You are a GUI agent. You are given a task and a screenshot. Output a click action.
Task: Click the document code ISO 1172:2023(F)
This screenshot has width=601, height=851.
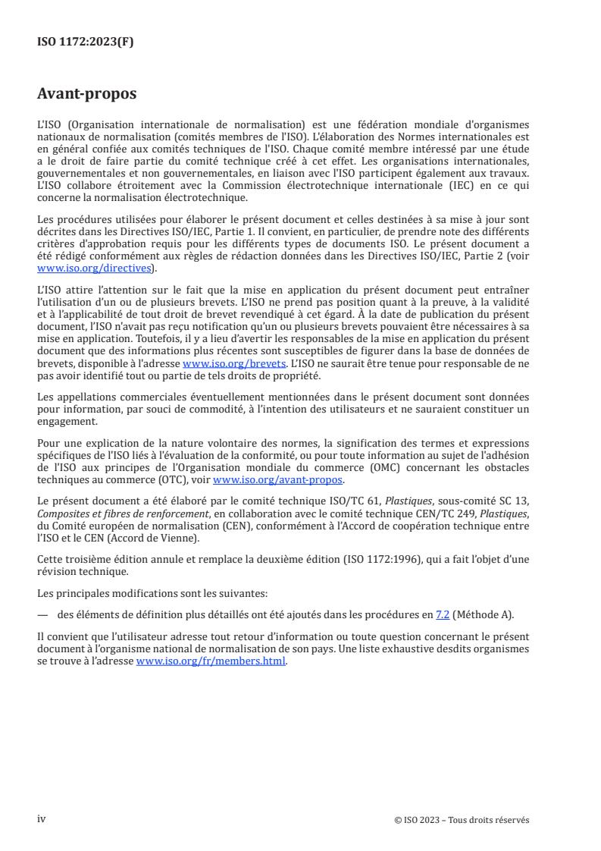(86, 42)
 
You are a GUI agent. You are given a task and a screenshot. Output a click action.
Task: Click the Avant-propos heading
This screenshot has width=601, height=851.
(87, 94)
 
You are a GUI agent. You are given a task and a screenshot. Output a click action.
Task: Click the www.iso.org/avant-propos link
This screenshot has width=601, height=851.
(278, 480)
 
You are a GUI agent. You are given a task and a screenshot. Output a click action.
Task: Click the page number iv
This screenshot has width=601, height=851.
(42, 819)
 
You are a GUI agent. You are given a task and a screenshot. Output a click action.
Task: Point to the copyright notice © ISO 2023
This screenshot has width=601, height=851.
(462, 820)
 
